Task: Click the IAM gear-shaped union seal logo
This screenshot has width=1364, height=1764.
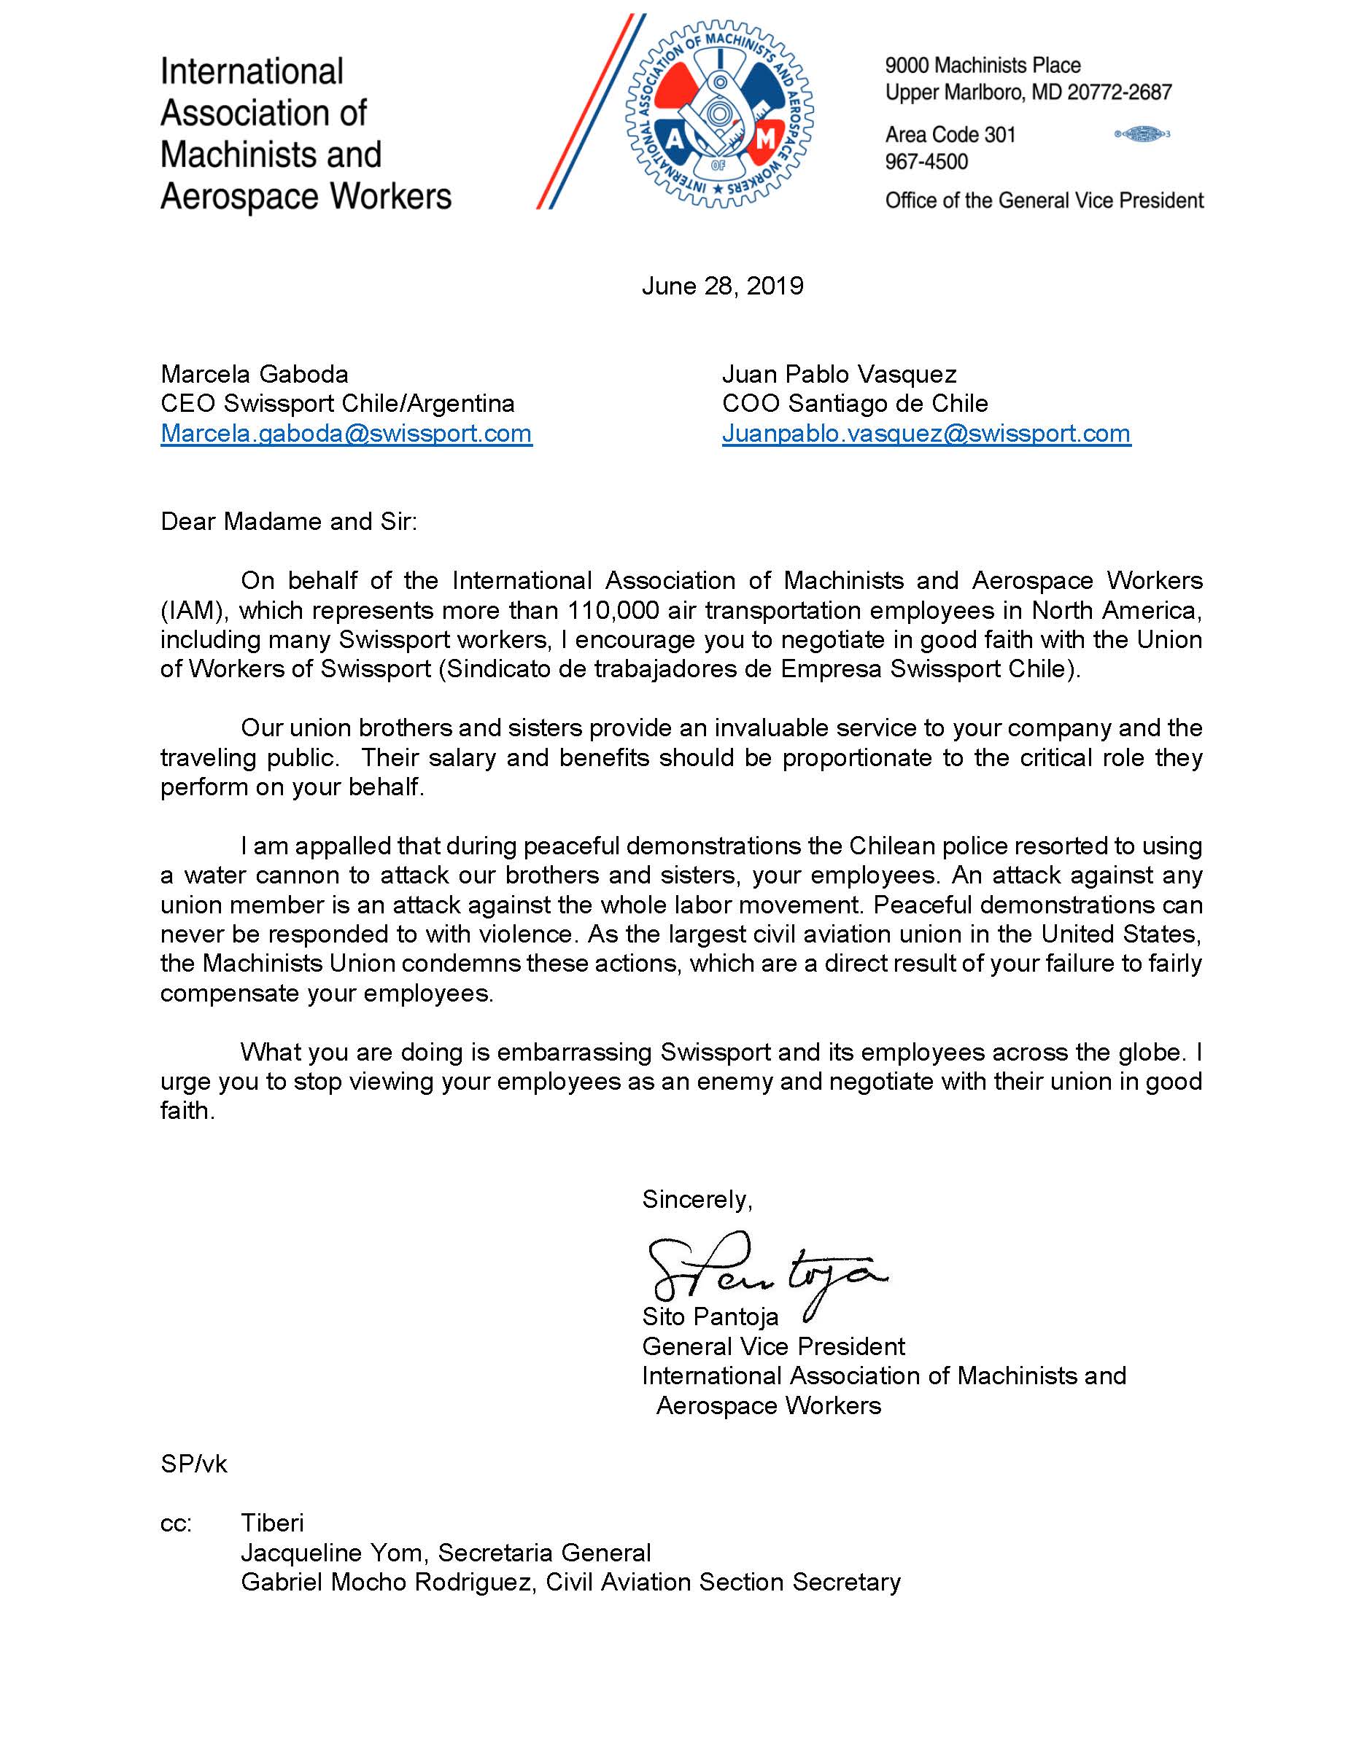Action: (719, 114)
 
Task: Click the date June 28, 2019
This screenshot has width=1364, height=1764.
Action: (722, 286)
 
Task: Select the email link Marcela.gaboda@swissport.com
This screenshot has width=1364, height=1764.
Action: (346, 434)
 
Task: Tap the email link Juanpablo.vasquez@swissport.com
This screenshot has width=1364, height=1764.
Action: (926, 434)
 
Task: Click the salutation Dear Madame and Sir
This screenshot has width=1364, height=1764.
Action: (288, 522)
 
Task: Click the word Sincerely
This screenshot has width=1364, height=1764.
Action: (697, 1199)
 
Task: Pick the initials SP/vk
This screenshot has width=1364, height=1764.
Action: (194, 1464)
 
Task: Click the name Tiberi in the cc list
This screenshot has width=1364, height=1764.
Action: (272, 1523)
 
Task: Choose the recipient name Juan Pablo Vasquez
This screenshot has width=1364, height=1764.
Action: (839, 375)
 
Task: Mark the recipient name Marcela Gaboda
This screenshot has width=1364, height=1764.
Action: (255, 375)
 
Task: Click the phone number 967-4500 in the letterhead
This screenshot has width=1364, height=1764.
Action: (926, 163)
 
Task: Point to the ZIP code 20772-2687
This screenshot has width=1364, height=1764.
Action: (1119, 93)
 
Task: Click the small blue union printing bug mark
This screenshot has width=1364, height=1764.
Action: (1142, 134)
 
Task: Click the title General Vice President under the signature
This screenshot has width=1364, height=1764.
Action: (773, 1346)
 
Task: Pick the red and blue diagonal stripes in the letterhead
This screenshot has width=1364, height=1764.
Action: (590, 113)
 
